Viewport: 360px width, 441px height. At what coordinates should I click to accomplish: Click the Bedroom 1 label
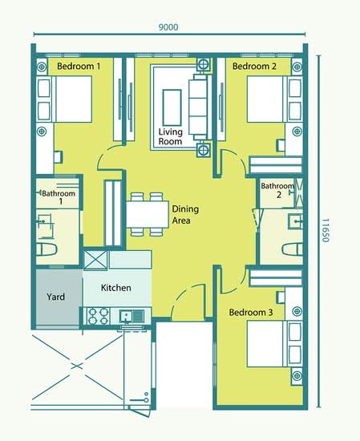tap(79, 67)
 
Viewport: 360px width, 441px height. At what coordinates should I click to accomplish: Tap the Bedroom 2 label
tap(254, 67)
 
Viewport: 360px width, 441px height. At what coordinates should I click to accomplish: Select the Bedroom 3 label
tap(251, 312)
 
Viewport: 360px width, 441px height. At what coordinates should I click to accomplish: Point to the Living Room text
tap(171, 136)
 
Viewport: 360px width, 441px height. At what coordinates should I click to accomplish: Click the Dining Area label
tap(185, 215)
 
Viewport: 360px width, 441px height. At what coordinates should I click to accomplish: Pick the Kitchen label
tap(116, 288)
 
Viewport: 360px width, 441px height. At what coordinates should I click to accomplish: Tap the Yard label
tap(55, 297)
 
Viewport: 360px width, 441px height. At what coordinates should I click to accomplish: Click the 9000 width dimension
tap(168, 27)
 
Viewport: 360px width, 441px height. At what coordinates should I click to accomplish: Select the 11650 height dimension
tap(326, 230)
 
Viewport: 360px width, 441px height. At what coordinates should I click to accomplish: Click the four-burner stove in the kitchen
tap(98, 316)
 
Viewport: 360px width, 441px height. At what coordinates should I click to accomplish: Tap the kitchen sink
tap(132, 317)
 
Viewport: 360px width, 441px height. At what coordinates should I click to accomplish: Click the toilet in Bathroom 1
tap(47, 249)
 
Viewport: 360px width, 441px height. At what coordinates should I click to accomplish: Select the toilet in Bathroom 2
tap(292, 249)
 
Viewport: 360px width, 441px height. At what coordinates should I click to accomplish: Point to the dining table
tap(148, 214)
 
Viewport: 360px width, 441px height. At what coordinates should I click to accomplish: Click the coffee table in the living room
tap(172, 107)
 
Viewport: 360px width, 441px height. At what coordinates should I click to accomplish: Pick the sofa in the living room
tap(200, 107)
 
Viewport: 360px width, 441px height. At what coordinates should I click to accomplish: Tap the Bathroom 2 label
tap(278, 190)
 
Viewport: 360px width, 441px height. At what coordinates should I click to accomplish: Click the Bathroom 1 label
tap(59, 197)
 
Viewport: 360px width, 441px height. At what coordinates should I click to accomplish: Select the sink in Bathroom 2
tap(295, 221)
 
